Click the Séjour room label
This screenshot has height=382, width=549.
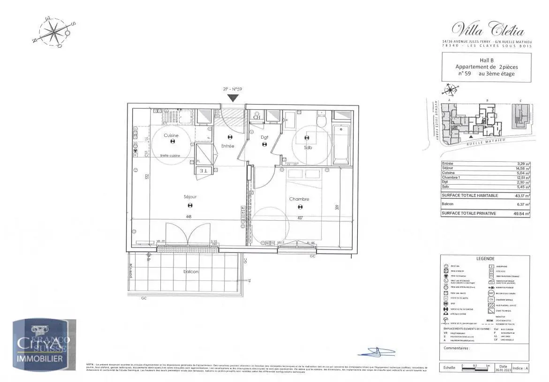190,197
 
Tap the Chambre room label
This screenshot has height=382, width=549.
299,199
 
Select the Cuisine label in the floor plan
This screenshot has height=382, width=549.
171,135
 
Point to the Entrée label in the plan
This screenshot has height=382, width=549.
228,146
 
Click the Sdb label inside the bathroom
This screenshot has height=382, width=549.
308,147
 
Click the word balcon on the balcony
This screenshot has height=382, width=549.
191,272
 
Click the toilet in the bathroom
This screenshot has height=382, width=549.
322,120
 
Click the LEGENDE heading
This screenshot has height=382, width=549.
485,259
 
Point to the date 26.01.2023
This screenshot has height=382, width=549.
503,370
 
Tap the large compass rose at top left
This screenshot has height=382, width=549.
55,33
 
